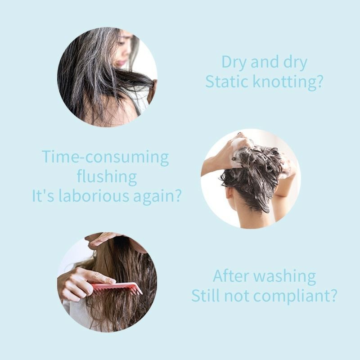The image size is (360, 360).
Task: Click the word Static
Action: (x=226, y=81)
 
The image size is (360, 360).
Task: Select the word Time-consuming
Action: (x=105, y=157)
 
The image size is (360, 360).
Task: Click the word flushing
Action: (x=107, y=176)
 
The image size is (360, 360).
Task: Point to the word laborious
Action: (x=94, y=196)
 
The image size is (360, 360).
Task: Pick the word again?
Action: (x=157, y=197)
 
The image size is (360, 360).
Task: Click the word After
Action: (x=231, y=276)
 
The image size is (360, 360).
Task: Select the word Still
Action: (x=206, y=296)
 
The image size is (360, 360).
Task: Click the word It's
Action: (x=43, y=196)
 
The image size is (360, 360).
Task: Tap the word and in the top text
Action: (x=265, y=62)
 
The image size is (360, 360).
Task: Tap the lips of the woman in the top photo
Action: (x=121, y=63)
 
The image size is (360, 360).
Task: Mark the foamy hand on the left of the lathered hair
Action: (x=239, y=150)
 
